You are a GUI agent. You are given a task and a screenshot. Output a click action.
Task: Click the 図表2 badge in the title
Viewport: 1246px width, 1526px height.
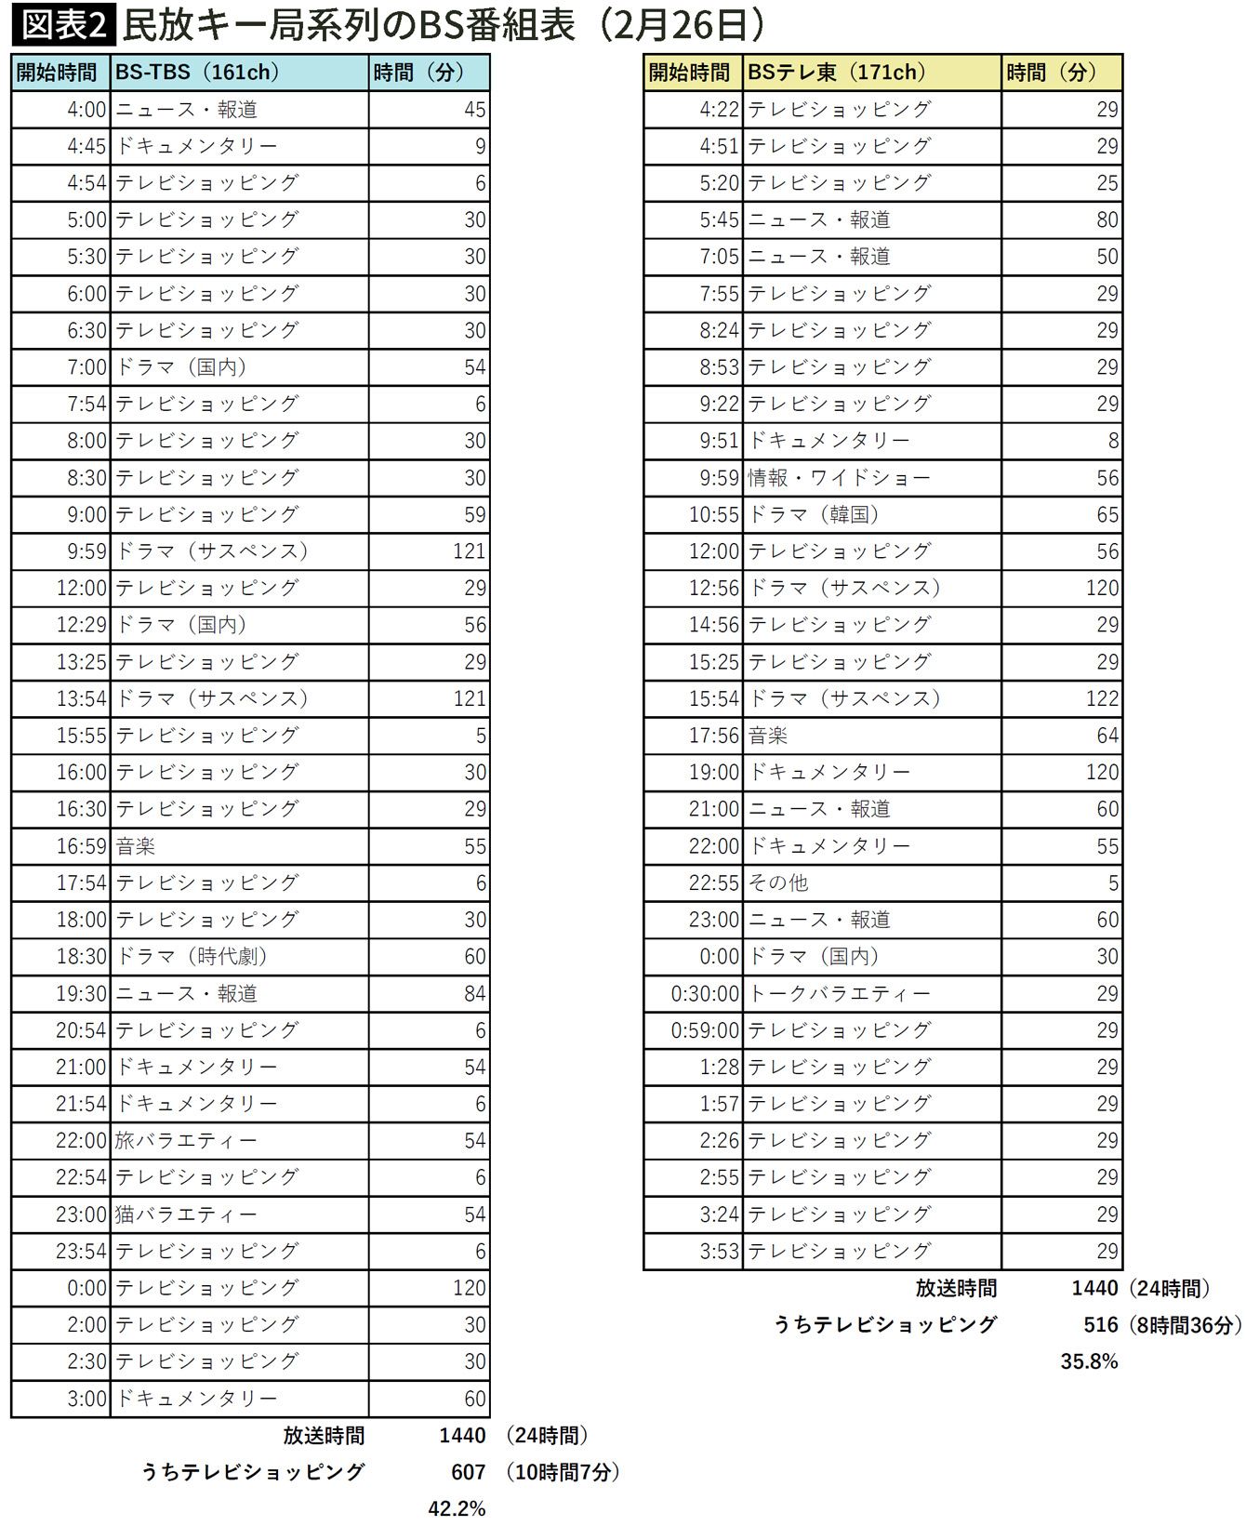pyautogui.click(x=63, y=25)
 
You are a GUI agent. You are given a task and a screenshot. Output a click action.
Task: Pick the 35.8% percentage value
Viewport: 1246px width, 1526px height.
pyautogui.click(x=1089, y=1361)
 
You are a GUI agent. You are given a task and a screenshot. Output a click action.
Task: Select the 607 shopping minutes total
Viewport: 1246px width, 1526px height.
pyautogui.click(x=469, y=1472)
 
